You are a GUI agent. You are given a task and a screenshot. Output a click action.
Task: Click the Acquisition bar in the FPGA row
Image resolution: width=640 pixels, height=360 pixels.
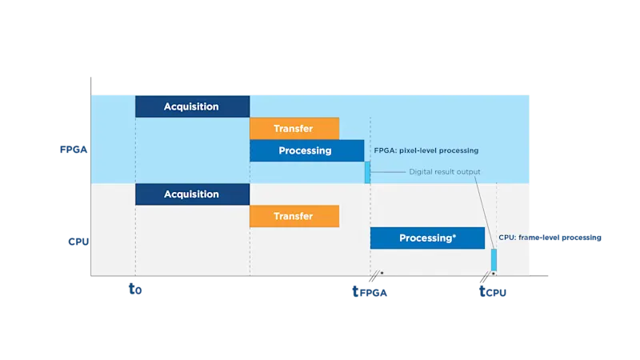coord(192,106)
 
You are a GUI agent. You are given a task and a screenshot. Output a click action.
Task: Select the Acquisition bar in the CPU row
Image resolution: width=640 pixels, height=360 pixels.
coord(192,194)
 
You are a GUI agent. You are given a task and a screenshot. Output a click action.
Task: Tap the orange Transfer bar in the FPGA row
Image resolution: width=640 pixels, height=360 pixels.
coord(294,128)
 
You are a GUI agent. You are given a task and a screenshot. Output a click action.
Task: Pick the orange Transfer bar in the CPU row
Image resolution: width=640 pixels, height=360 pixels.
coord(294,216)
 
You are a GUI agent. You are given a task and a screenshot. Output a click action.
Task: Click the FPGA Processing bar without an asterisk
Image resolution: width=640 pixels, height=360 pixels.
coord(306,150)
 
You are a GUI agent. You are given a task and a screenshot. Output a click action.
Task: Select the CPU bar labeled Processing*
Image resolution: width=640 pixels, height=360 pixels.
coord(427,238)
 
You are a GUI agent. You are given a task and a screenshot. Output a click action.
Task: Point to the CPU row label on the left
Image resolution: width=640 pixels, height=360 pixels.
coord(77,241)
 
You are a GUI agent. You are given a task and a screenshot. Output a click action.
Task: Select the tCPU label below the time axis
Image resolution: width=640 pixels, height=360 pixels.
coord(494,293)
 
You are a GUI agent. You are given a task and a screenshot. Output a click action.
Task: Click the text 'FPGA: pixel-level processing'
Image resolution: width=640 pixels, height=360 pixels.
coord(426,150)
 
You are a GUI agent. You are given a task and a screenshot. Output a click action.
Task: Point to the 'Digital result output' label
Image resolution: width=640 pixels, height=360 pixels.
coord(445,172)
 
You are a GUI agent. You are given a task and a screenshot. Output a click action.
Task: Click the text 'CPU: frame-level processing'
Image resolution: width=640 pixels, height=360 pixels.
coord(549,238)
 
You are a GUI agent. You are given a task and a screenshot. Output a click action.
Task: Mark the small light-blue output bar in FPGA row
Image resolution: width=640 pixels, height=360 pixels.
coord(368,172)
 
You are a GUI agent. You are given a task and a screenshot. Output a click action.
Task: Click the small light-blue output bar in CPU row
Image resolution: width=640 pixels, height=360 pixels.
coord(494,260)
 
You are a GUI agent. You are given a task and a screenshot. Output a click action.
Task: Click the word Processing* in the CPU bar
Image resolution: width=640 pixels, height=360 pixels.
coord(427,238)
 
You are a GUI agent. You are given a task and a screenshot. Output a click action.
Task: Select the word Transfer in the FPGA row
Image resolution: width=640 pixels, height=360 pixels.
coord(294,128)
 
